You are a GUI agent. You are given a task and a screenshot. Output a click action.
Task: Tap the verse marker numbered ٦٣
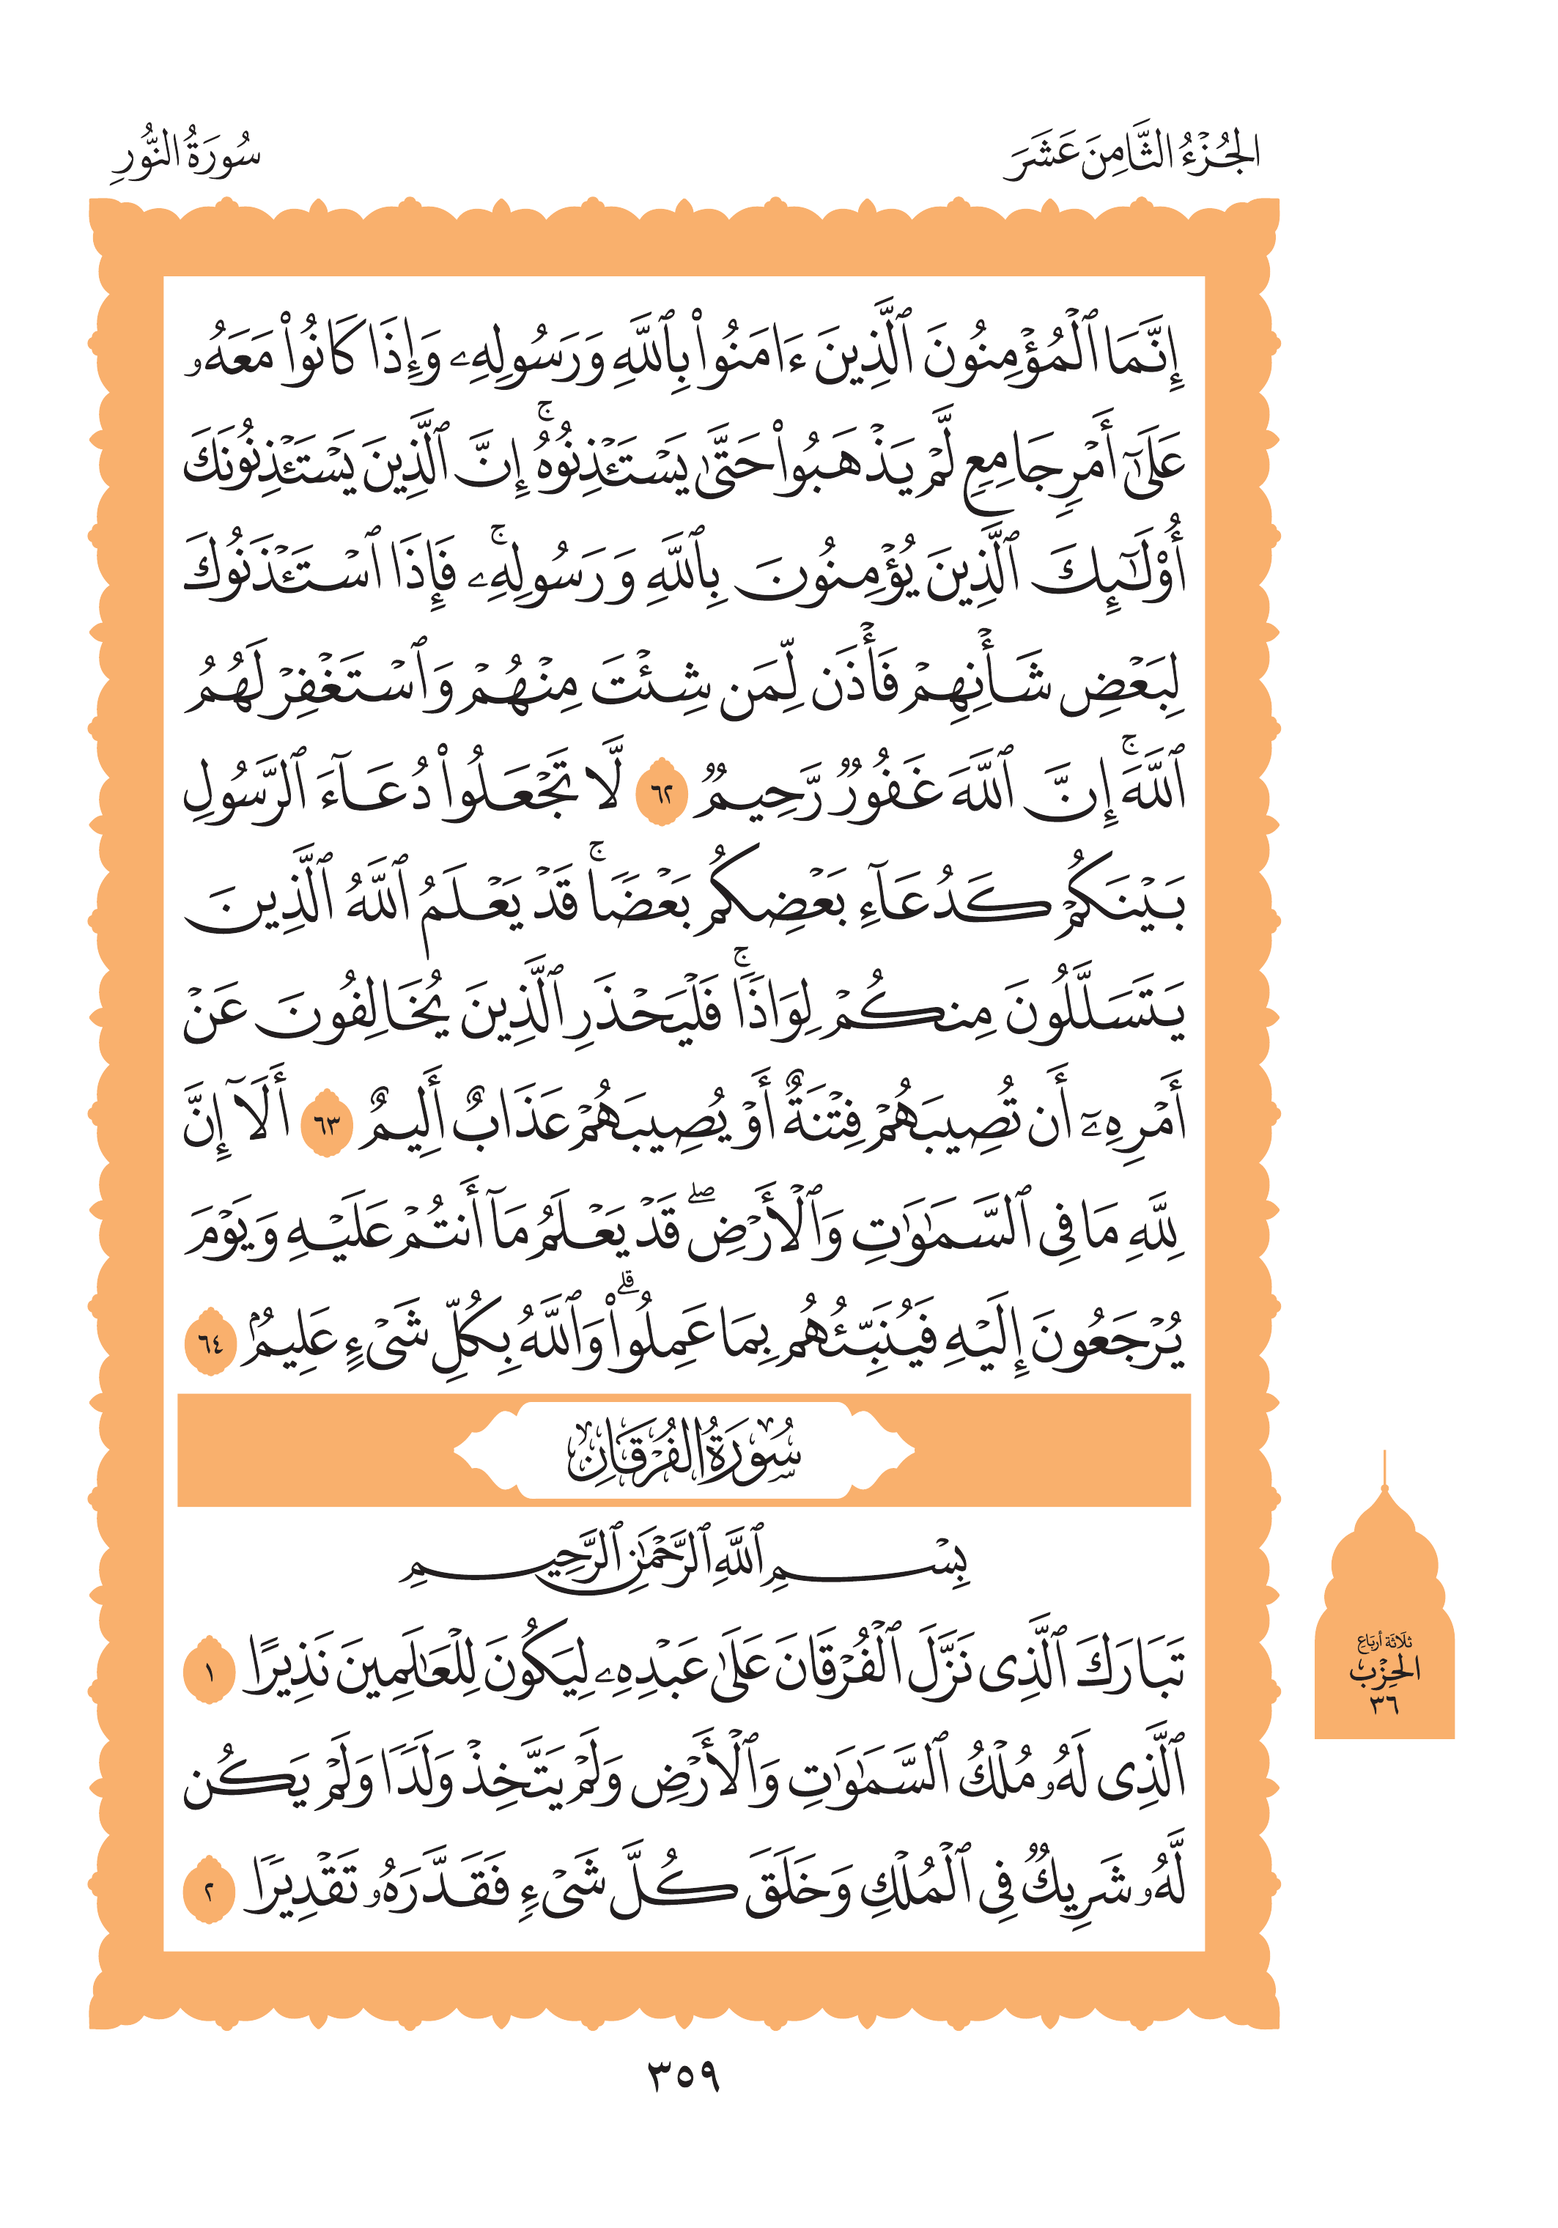[x=327, y=1126]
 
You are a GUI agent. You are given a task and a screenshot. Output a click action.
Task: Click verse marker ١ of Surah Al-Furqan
[x=210, y=1671]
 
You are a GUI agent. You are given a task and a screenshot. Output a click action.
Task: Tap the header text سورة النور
[x=185, y=155]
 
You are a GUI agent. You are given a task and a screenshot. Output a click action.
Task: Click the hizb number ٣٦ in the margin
[x=1384, y=1704]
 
